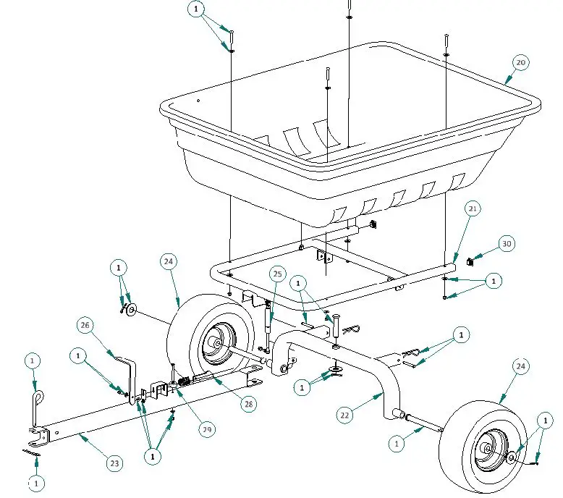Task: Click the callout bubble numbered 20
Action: pyautogui.click(x=520, y=63)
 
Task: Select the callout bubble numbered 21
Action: pyautogui.click(x=473, y=209)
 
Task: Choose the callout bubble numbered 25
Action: pyautogui.click(x=277, y=274)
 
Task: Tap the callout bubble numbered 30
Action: pyautogui.click(x=507, y=244)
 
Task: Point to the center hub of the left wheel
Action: pyautogui.click(x=216, y=342)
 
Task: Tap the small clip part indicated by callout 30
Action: pyautogui.click(x=469, y=261)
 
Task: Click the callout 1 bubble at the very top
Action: pyautogui.click(x=196, y=9)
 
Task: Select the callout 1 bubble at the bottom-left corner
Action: pyautogui.click(x=35, y=481)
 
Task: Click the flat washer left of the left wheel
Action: pyautogui.click(x=132, y=311)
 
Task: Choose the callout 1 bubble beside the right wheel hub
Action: pyautogui.click(x=543, y=421)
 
